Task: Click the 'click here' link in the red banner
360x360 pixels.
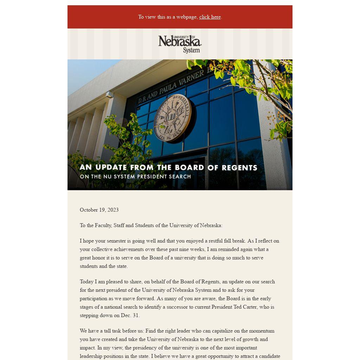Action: coord(210,17)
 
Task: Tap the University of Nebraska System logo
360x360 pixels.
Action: coord(180,44)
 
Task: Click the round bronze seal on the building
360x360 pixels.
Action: coord(172,118)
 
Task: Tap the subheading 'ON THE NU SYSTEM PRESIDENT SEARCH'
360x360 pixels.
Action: coord(135,176)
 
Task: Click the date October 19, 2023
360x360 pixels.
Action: coord(99,210)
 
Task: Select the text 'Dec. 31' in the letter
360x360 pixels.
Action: coord(130,315)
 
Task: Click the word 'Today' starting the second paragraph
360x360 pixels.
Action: coord(86,282)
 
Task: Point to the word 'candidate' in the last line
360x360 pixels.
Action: coord(269,356)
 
